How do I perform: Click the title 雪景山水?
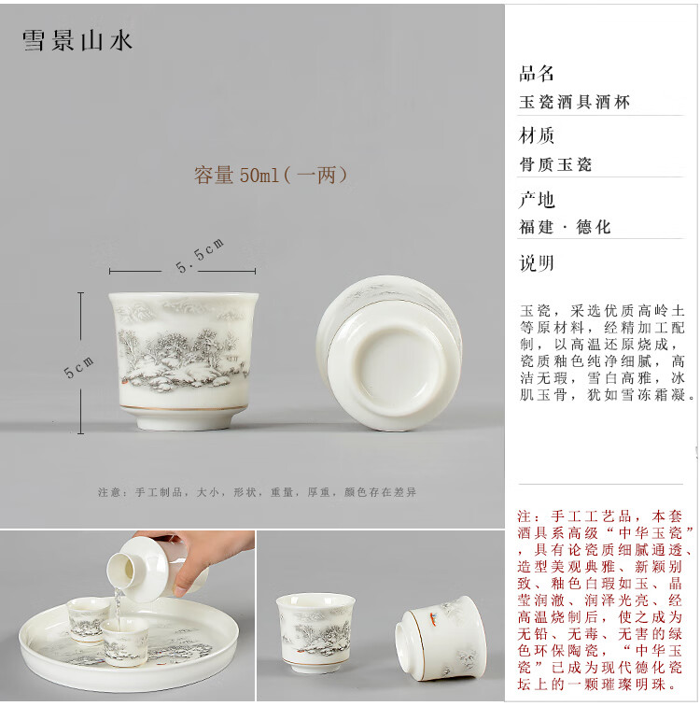[x=77, y=41]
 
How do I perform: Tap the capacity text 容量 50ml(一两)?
[x=271, y=176]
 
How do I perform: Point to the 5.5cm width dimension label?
[x=200, y=255]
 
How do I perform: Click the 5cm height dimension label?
[x=78, y=367]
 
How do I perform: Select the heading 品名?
[x=536, y=74]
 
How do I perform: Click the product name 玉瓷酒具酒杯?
[x=575, y=102]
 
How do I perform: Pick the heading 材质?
[x=536, y=135]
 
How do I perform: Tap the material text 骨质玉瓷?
[x=555, y=164]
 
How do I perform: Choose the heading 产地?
[x=537, y=200]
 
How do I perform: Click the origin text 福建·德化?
[x=565, y=227]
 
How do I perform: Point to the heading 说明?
[x=537, y=263]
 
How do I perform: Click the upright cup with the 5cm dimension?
[x=183, y=360]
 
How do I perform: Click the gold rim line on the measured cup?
[x=183, y=408]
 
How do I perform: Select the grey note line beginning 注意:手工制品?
[x=257, y=492]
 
